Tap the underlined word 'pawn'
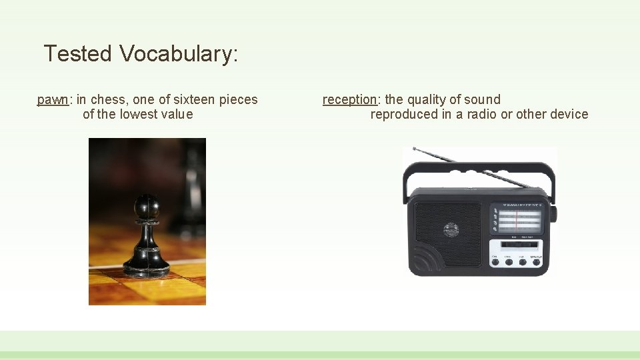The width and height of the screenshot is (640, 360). point(53,99)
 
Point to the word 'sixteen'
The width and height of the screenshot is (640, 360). point(194,99)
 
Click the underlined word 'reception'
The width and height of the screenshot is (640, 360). point(349,99)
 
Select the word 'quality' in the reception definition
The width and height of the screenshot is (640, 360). point(427,99)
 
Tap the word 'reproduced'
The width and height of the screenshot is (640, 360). point(404,114)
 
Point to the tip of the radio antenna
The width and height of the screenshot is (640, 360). point(415,149)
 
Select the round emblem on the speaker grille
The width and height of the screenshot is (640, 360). point(451,230)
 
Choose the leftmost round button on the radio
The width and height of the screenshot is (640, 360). point(495,262)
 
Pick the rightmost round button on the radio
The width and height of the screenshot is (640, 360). point(535,262)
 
